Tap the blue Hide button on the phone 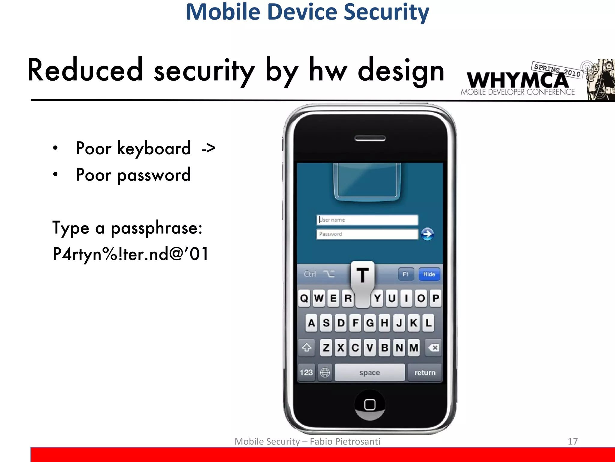[429, 274]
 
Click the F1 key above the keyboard [406, 274]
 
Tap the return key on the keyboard [425, 373]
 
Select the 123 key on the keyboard [306, 373]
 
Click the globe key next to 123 [325, 373]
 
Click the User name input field [367, 220]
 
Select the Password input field [367, 234]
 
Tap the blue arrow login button [427, 234]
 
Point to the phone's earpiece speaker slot [370, 138]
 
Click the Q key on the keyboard [304, 298]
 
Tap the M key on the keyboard [414, 348]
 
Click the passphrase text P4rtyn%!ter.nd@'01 [131, 254]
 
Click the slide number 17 [573, 441]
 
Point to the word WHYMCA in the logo [517, 80]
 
